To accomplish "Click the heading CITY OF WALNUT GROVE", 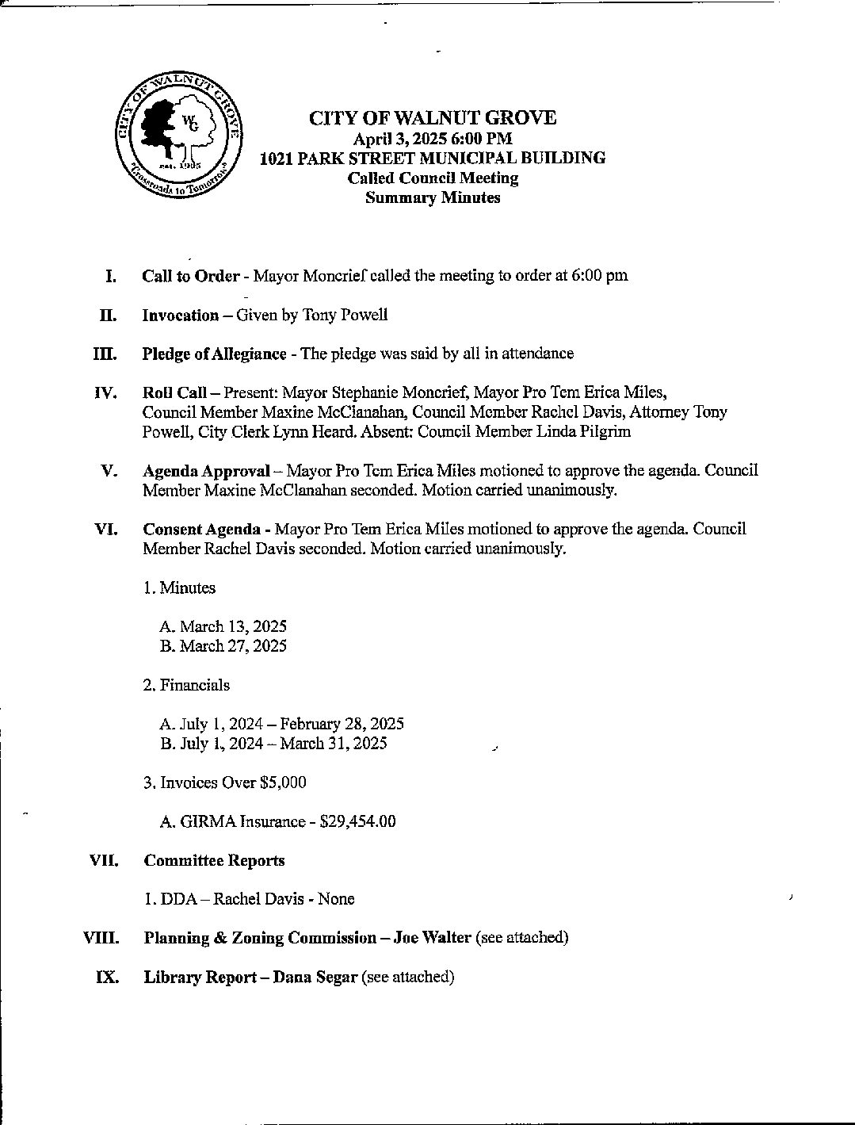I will pyautogui.click(x=432, y=118).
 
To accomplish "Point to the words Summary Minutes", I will pyautogui.click(x=432, y=198).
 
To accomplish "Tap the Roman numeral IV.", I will pyautogui.click(x=106, y=393).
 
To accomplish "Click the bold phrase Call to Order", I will pyautogui.click(x=190, y=276).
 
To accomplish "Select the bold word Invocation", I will pyautogui.click(x=180, y=315).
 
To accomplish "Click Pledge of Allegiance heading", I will pyautogui.click(x=214, y=354).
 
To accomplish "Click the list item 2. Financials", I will pyautogui.click(x=186, y=685).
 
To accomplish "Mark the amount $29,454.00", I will pyautogui.click(x=357, y=821).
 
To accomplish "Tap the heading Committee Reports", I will pyautogui.click(x=214, y=860).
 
